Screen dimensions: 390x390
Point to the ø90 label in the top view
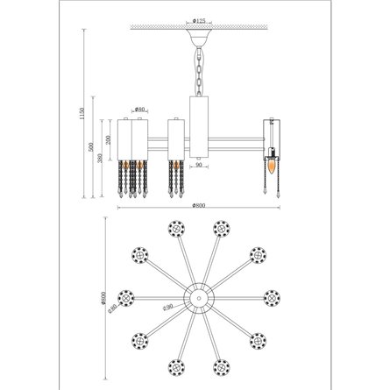pyautogui.click(x=166, y=306)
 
